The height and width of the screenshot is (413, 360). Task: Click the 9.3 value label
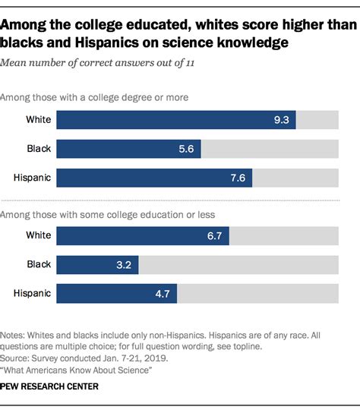click(x=281, y=120)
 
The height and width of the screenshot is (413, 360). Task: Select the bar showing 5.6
click(x=128, y=149)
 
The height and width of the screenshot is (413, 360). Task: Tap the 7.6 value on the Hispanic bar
click(x=237, y=178)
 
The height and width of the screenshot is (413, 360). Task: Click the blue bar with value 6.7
click(x=143, y=236)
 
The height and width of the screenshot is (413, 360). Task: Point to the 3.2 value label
click(x=124, y=265)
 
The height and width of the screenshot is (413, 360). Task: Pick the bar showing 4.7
click(x=117, y=294)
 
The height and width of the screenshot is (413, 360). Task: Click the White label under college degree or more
click(x=37, y=120)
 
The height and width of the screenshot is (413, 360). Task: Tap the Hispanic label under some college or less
click(x=32, y=294)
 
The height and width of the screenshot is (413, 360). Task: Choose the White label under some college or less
click(x=37, y=236)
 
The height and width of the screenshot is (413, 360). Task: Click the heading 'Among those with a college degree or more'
click(x=95, y=97)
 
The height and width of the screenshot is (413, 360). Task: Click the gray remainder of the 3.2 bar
click(x=238, y=265)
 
